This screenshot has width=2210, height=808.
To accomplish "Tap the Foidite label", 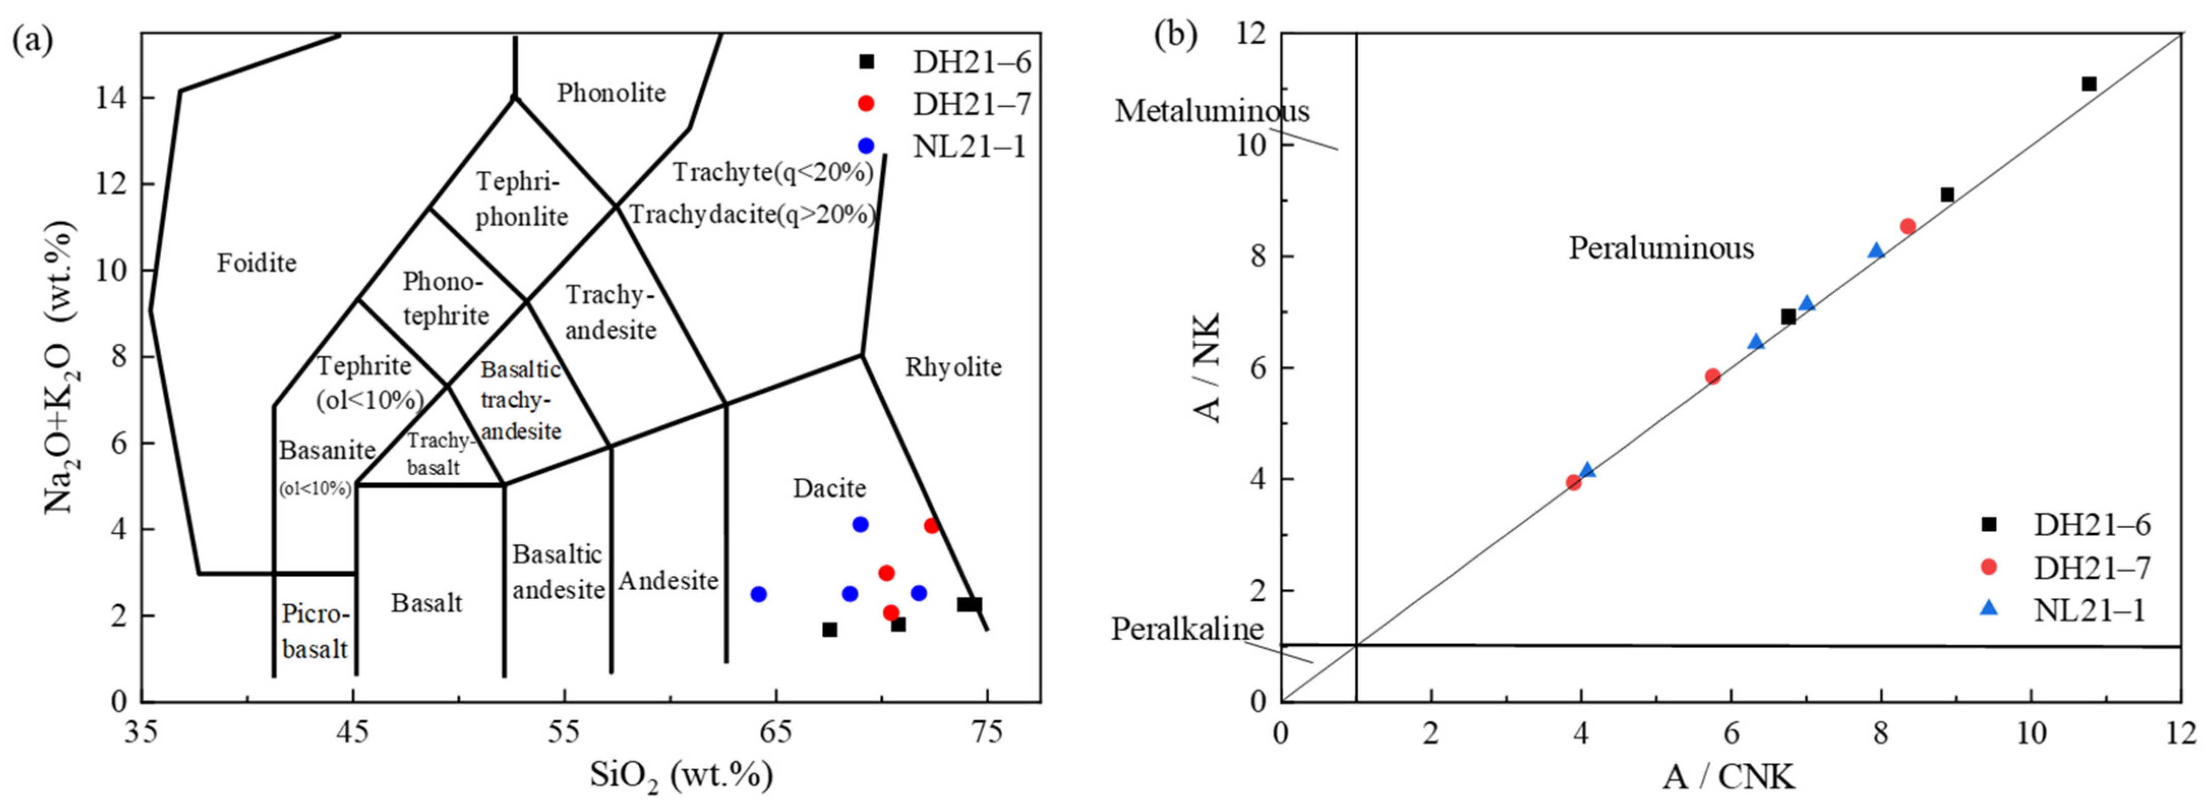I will [x=256, y=262].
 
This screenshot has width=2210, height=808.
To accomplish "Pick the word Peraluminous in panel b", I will [x=1661, y=248].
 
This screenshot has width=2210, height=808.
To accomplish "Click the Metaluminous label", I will [x=1212, y=111].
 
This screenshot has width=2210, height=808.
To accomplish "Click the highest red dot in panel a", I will [x=932, y=526].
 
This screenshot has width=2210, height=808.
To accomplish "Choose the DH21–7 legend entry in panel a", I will [x=971, y=104].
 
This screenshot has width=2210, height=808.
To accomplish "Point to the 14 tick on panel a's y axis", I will [x=111, y=99].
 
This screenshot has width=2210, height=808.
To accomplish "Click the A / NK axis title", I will [x=1208, y=367].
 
